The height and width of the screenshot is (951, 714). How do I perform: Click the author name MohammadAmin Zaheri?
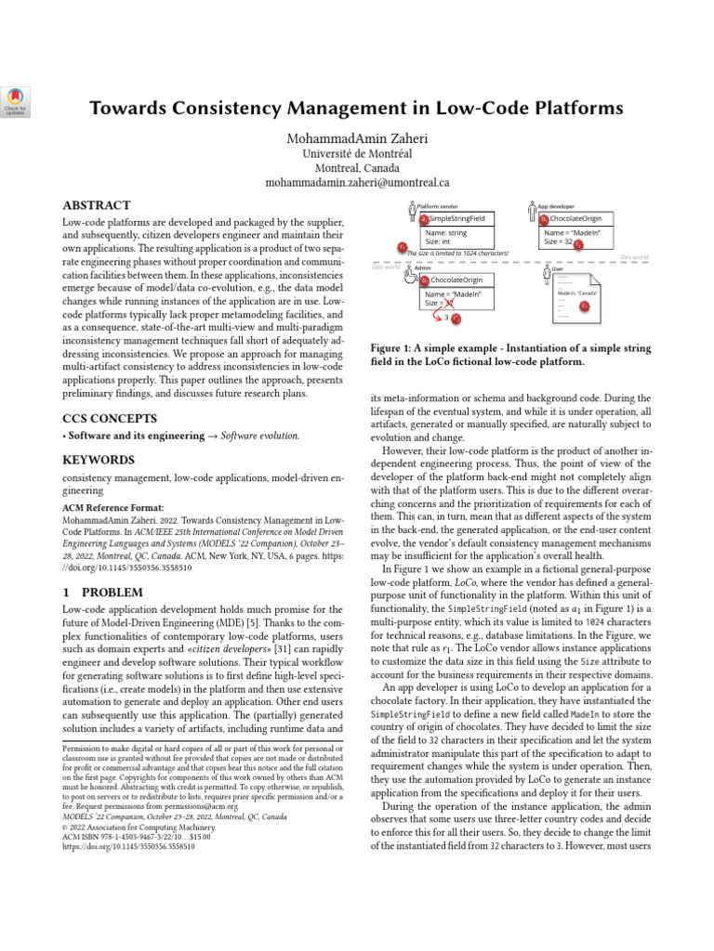click(357, 137)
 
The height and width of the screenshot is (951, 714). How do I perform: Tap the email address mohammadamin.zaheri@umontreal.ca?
click(357, 183)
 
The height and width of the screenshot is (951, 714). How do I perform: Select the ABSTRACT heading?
click(96, 205)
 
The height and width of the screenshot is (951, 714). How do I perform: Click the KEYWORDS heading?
click(98, 460)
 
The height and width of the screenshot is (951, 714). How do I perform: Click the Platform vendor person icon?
click(412, 212)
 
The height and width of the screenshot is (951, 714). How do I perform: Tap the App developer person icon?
click(531, 212)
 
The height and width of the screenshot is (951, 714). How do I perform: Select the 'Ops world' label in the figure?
click(383, 267)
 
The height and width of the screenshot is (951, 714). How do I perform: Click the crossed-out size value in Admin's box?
click(449, 303)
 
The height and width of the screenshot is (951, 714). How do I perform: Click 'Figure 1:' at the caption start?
click(396, 348)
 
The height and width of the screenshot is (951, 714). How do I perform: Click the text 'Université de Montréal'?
click(357, 153)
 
